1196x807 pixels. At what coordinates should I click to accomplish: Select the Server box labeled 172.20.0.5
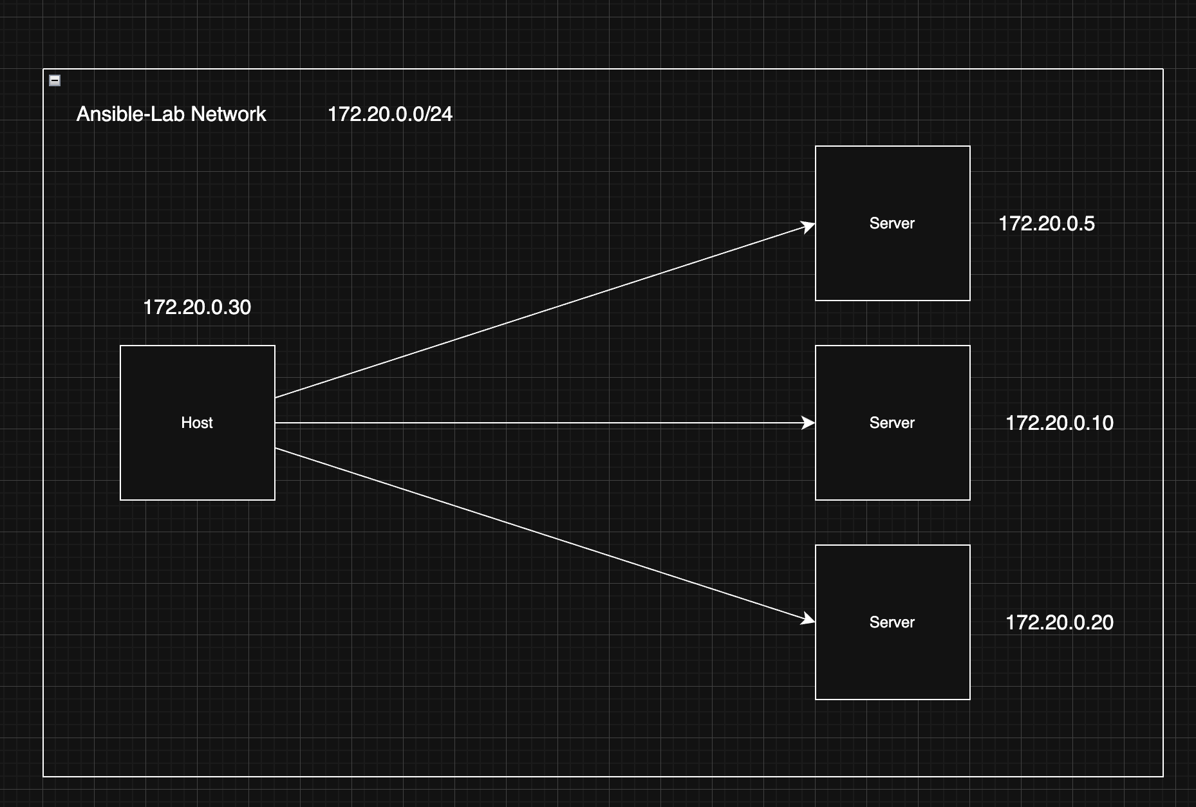pos(892,257)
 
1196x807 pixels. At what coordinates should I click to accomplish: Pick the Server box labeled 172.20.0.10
pos(892,457)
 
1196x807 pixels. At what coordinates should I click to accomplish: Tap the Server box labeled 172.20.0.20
pos(892,656)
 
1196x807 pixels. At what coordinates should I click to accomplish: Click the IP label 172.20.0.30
pos(197,307)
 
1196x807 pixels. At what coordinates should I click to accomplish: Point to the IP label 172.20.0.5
pos(1046,223)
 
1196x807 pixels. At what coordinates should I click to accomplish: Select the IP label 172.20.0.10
pos(1059,423)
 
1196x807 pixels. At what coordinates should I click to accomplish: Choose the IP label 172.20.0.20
pos(1059,622)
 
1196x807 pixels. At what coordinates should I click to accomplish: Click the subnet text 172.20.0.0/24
pos(390,114)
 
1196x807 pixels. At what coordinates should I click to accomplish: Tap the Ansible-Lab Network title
pos(171,114)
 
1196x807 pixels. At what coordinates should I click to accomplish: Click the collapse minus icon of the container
pos(55,80)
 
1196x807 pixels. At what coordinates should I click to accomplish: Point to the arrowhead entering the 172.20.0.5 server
pos(808,227)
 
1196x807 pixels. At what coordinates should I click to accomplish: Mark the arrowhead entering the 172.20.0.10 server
pos(808,423)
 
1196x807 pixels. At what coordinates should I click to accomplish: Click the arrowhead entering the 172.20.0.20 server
pos(808,619)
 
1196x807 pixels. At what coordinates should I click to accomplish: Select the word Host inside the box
pos(197,423)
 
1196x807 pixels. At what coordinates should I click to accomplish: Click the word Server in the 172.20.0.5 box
pos(892,223)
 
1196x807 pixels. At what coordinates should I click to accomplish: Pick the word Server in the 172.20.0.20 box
pos(892,622)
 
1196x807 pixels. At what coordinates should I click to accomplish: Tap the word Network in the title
pos(229,114)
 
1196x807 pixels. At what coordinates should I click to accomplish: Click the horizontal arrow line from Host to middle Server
pos(541,423)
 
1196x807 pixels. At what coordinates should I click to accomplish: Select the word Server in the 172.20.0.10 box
pos(892,423)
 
